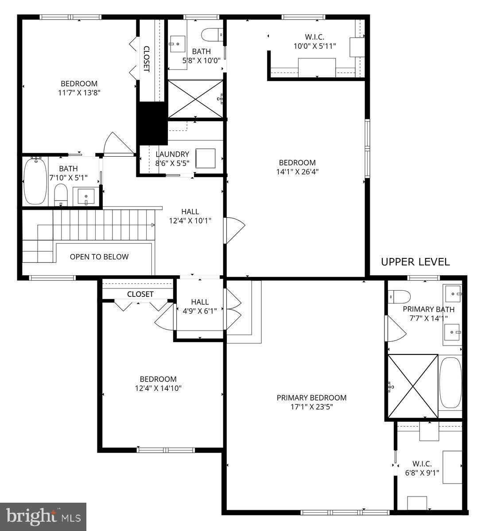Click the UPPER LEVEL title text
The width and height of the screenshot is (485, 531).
(415, 262)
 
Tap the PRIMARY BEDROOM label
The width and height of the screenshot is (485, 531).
(311, 398)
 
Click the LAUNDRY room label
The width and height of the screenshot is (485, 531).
(172, 154)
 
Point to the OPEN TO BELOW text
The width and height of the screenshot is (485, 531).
(99, 257)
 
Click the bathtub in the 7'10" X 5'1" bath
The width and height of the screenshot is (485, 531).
(35, 181)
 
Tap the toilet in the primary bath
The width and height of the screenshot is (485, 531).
(399, 296)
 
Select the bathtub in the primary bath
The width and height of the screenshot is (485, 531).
(450, 383)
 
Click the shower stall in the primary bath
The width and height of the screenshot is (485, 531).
(412, 386)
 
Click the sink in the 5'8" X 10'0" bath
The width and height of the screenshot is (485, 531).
(178, 43)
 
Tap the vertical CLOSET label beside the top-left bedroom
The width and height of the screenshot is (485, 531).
(146, 59)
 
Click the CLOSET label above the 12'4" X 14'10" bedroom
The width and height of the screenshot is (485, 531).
(140, 294)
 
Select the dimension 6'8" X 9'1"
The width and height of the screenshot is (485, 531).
(422, 473)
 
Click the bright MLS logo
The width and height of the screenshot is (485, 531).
(43, 516)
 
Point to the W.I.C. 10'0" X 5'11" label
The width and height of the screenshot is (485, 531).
(314, 41)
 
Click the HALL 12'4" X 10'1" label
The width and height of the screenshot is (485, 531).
(190, 216)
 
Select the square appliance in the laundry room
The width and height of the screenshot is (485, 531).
(205, 158)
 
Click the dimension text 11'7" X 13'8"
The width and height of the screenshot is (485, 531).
(79, 92)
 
